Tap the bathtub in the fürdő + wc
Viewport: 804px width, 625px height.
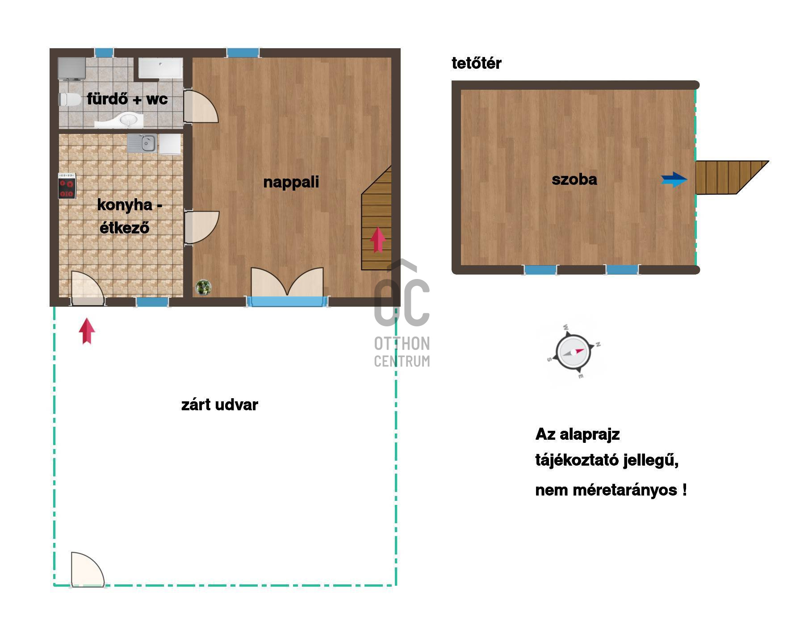pyautogui.click(x=160, y=68)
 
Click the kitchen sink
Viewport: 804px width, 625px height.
pyautogui.click(x=142, y=143)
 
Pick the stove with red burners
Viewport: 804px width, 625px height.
pyautogui.click(x=67, y=186)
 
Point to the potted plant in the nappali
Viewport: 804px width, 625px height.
pyautogui.click(x=203, y=287)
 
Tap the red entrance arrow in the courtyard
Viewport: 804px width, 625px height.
pyautogui.click(x=87, y=331)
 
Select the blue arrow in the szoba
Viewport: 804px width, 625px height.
pyautogui.click(x=674, y=179)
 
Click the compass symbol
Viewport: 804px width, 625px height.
pyautogui.click(x=574, y=352)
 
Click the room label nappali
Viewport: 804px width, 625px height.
pyautogui.click(x=291, y=182)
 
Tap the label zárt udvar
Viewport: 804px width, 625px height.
pyautogui.click(x=220, y=405)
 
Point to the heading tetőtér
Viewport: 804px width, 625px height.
pyautogui.click(x=477, y=63)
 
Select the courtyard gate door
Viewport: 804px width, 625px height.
pyautogui.click(x=88, y=570)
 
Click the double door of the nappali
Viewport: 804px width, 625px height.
pyautogui.click(x=287, y=282)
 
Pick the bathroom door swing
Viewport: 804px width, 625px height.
pyautogui.click(x=201, y=106)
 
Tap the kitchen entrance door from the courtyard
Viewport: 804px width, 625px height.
pyautogui.click(x=88, y=288)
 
